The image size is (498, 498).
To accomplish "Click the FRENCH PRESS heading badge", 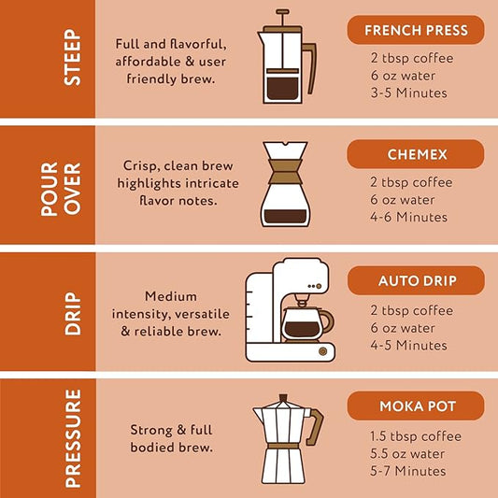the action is pyautogui.click(x=416, y=30).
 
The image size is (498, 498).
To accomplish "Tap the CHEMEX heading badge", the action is pyautogui.click(x=416, y=154).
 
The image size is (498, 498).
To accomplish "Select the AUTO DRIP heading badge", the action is pyautogui.click(x=416, y=280).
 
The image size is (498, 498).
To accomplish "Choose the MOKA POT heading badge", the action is pyautogui.click(x=416, y=406).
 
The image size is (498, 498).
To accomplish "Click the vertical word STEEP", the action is pyautogui.click(x=73, y=57).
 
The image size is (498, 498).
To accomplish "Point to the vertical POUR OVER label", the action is pyautogui.click(x=61, y=190).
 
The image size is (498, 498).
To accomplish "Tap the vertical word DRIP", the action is pyautogui.click(x=73, y=314).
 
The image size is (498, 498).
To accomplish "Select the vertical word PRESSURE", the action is pyautogui.click(x=73, y=438).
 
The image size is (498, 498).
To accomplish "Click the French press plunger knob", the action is pyautogui.click(x=282, y=12).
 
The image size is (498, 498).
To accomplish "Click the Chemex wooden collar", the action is pyautogui.click(x=285, y=172).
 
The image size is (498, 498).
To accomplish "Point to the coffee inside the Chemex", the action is pyautogui.click(x=285, y=216).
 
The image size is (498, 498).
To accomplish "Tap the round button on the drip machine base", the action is pyautogui.click(x=322, y=351).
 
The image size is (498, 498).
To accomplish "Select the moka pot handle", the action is pyautogui.click(x=316, y=426).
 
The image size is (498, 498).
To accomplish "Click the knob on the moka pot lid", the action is pyautogui.click(x=283, y=398).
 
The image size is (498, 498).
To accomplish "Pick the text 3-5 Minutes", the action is pyautogui.click(x=408, y=93).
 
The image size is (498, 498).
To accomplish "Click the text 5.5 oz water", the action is pyautogui.click(x=407, y=454).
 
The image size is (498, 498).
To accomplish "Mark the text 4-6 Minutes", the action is pyautogui.click(x=408, y=218).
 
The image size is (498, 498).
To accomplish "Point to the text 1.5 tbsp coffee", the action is pyautogui.click(x=416, y=436).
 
